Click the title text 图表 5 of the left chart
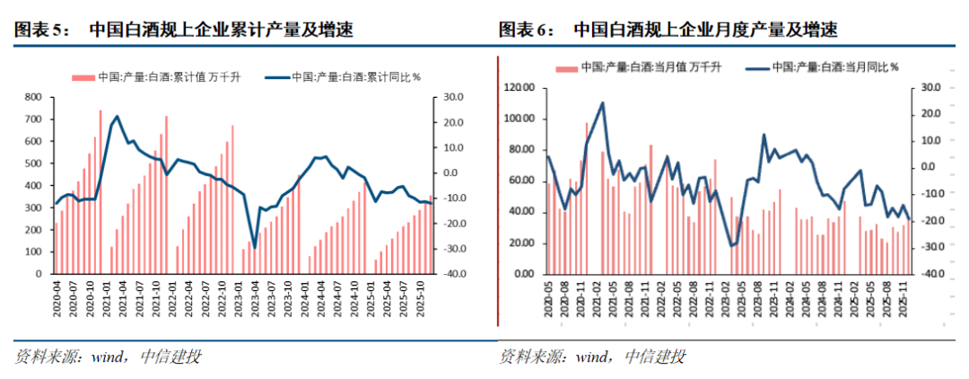[41, 31]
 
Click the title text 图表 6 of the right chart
[526, 31]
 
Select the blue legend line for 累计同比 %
[277, 76]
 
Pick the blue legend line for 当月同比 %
[759, 66]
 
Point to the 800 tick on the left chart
[34, 96]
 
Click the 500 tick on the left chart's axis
[34, 163]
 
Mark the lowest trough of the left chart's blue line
[254, 247]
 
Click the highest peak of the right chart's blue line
[602, 102]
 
